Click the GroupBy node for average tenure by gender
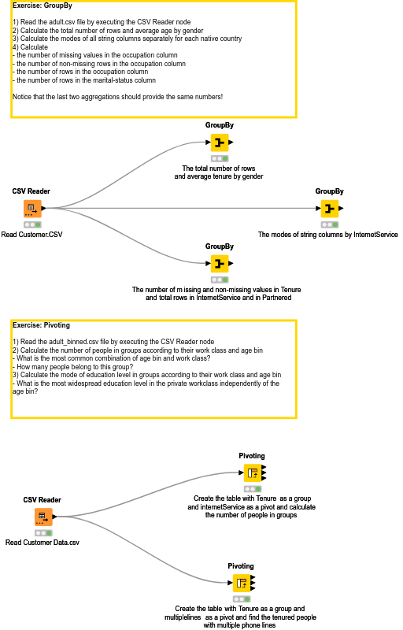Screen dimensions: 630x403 219,143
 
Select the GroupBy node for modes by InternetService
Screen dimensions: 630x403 329,209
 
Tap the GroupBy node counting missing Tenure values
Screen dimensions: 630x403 219,263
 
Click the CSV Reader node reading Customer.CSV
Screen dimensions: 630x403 31,209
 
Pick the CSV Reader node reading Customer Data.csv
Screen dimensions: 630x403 43,517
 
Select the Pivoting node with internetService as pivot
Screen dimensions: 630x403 252,472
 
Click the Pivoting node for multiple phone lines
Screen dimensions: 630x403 241,583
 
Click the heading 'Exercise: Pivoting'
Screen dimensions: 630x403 41,324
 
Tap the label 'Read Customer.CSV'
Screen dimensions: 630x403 31,235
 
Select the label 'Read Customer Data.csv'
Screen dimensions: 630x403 43,543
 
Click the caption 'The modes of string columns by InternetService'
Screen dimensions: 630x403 328,235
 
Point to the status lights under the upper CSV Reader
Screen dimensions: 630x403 31,224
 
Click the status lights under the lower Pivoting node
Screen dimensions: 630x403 241,599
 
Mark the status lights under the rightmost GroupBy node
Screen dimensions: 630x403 329,224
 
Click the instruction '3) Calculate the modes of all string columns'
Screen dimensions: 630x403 127,39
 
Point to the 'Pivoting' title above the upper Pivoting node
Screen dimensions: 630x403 252,456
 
